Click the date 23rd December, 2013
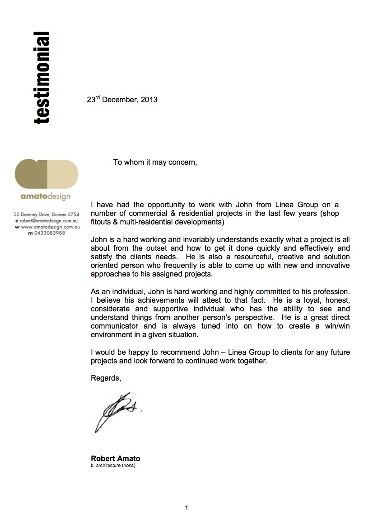[122, 99]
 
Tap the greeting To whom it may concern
[155, 162]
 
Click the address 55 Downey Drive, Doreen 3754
[47, 214]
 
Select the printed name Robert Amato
[116, 458]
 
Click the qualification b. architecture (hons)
[113, 466]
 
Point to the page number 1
[186, 508]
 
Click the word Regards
[106, 378]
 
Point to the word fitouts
[101, 222]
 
